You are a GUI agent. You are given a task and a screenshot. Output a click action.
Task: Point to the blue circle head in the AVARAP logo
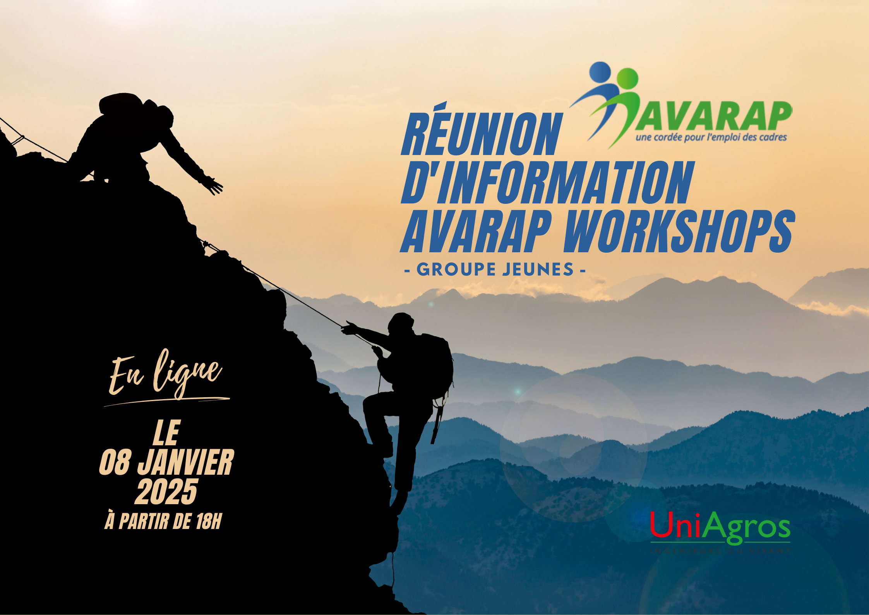tap(600, 72)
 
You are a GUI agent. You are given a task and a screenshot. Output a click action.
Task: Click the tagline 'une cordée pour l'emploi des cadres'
tap(711, 138)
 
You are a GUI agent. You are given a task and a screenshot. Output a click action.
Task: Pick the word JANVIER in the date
tap(186, 462)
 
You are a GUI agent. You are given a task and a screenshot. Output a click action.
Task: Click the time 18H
tap(209, 521)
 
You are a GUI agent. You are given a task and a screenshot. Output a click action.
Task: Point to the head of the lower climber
tap(401, 322)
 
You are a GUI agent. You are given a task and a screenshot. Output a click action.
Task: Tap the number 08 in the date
tap(114, 462)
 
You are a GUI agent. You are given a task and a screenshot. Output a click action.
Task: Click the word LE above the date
tap(166, 433)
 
